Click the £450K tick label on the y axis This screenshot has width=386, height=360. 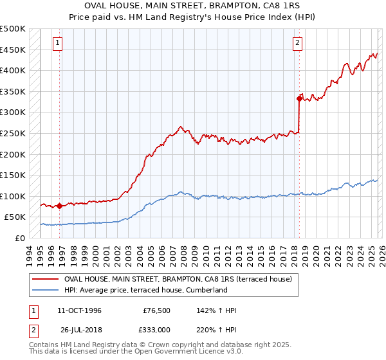[x=13, y=50]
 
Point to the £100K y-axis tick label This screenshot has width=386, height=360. [x=13, y=196]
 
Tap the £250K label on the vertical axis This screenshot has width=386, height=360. [x=13, y=133]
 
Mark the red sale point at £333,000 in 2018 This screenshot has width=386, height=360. [x=299, y=98]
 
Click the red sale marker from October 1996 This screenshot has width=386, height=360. [x=59, y=206]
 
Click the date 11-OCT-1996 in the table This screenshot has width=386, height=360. [x=79, y=310]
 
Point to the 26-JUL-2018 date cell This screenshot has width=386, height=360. [x=79, y=328]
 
